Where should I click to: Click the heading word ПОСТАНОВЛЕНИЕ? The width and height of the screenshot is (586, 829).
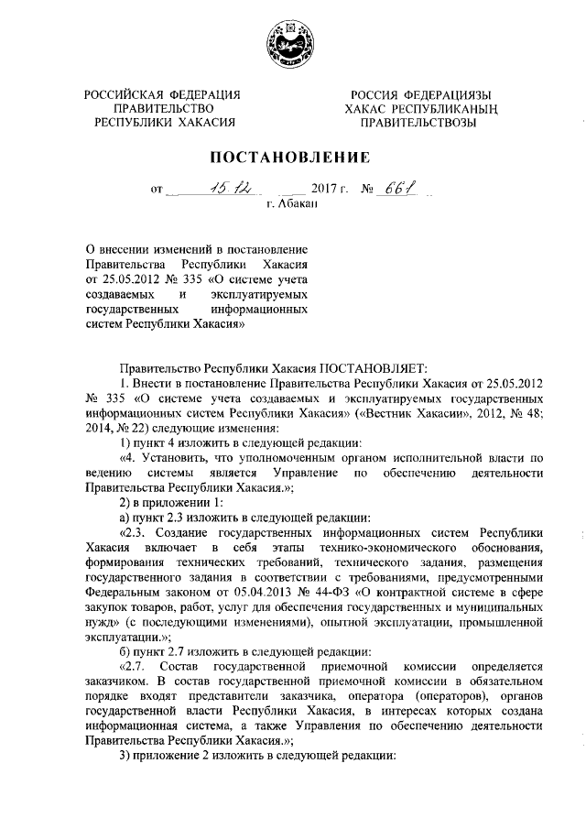291,158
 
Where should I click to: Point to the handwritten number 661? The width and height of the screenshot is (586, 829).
396,189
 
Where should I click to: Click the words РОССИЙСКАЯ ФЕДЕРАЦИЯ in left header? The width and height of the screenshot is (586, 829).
162,94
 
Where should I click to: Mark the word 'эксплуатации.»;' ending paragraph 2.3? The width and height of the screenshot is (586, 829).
122,638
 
